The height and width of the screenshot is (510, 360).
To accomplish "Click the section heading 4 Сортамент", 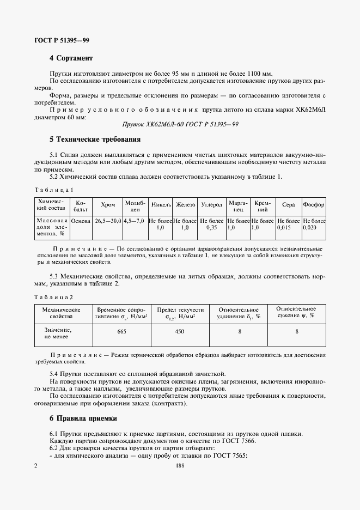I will click(x=71, y=58).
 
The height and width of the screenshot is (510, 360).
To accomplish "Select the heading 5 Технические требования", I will click(x=95, y=139).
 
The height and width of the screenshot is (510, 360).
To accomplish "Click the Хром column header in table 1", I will click(x=108, y=205).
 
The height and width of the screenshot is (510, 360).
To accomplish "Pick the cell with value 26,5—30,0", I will click(x=108, y=221).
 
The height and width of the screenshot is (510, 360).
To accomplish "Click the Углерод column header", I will click(x=212, y=205).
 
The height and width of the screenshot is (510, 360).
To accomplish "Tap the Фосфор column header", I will click(x=314, y=205).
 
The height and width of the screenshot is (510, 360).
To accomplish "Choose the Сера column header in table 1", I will click(x=289, y=205).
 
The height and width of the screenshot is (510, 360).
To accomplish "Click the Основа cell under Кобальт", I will click(x=81, y=221).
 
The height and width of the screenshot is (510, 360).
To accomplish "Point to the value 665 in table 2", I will click(x=122, y=331).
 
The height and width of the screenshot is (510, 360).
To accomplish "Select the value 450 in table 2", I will click(x=180, y=331).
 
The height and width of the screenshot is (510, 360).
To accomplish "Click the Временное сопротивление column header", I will click(x=122, y=312).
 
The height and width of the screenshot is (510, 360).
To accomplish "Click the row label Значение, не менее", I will click(x=58, y=333).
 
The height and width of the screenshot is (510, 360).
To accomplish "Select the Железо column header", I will click(x=185, y=205).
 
